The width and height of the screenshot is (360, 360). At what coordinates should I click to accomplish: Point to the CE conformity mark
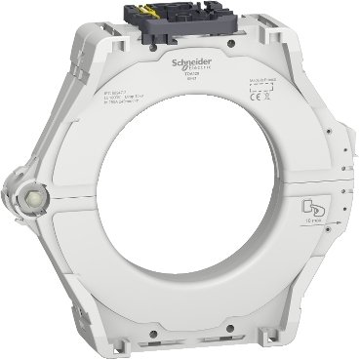[250, 98]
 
